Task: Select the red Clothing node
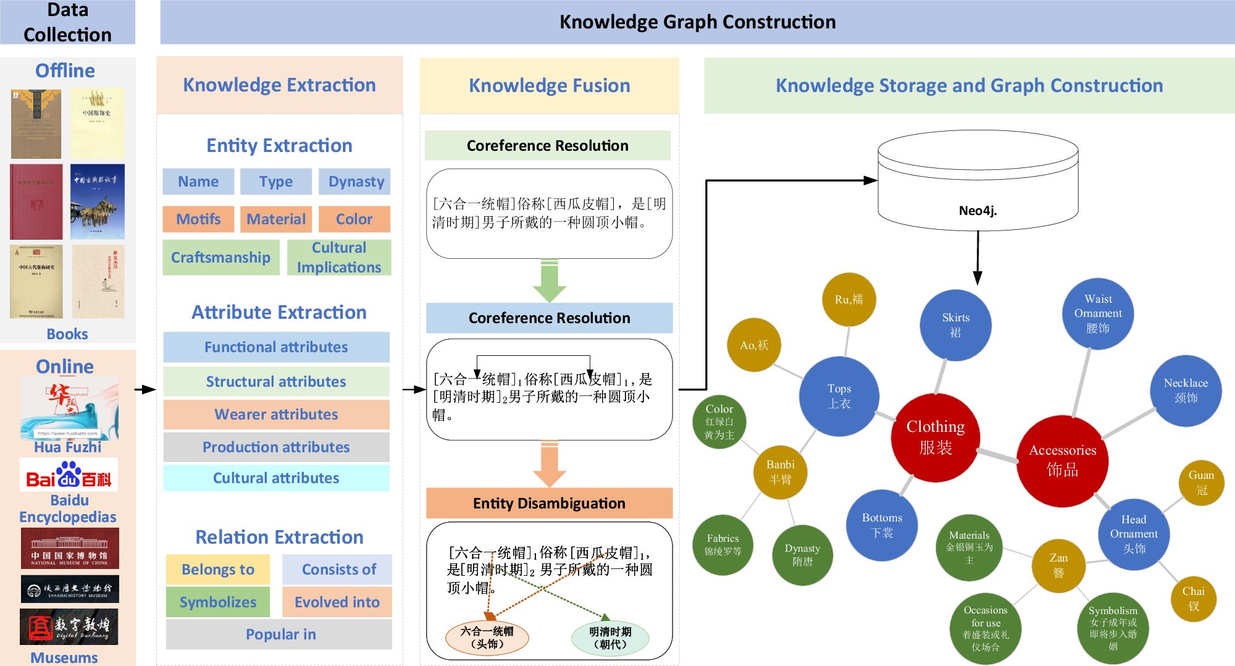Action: pos(935,437)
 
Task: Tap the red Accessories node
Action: pos(1062,460)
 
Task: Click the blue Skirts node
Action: pos(955,325)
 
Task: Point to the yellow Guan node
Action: pos(1201,483)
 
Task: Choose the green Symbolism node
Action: pos(1113,628)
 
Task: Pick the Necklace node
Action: pos(1186,390)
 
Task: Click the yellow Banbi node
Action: pos(780,472)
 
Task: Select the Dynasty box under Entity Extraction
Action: pos(356,182)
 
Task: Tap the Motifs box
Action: pos(198,219)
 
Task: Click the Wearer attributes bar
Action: pos(276,415)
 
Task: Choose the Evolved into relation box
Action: pos(337,602)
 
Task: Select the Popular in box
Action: pos(280,634)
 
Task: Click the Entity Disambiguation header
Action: pos(549,504)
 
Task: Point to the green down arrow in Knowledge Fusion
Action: pos(549,281)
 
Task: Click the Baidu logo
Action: pos(69,475)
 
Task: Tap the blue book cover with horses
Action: pos(98,202)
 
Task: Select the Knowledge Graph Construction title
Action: pos(697,22)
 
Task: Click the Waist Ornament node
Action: pos(1097,313)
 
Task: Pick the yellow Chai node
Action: pos(1193,598)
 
